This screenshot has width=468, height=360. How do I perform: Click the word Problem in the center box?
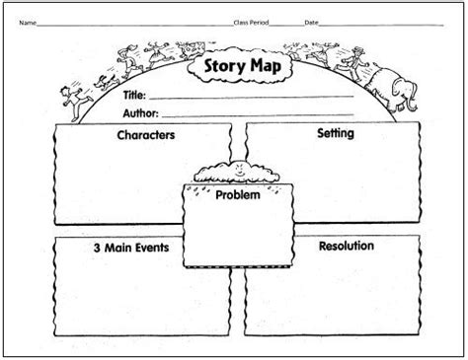(238, 195)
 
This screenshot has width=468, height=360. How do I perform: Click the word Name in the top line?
(29, 22)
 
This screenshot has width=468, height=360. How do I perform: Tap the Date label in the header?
(311, 22)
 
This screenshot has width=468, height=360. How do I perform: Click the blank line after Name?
(133, 24)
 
